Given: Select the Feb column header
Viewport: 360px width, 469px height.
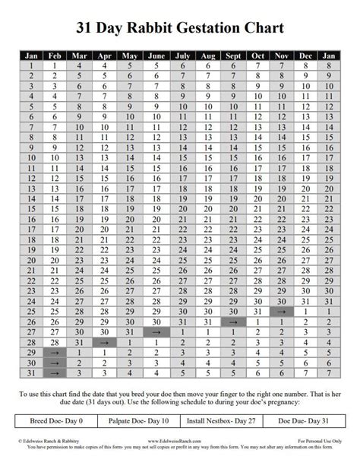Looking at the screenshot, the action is coord(55,55).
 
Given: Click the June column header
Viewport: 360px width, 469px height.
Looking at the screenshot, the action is coord(156,55).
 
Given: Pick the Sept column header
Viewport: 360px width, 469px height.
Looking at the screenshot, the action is coord(233,55).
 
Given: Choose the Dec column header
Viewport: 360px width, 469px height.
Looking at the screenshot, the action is coord(305,55).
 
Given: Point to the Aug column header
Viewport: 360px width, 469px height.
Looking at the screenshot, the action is coord(207,55).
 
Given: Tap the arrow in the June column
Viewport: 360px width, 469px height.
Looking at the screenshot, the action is coord(156,332).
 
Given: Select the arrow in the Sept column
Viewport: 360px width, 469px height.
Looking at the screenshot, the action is coord(233,322).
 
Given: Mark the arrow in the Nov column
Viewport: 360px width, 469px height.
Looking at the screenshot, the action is coord(280,311).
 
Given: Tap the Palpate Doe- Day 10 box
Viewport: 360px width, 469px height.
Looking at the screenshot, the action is coord(143,420).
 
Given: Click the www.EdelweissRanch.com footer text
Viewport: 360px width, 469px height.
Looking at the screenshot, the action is coord(179,441).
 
